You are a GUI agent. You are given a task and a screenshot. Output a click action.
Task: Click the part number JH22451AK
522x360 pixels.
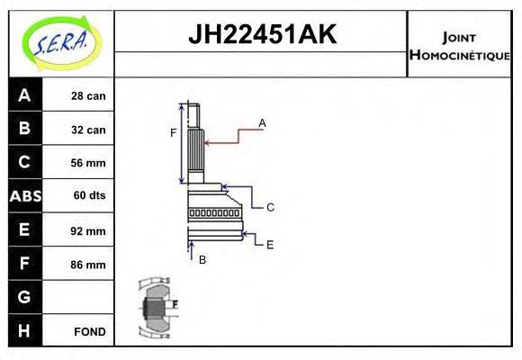click(x=261, y=35)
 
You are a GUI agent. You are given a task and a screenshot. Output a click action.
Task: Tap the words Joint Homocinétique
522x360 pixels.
click(x=459, y=45)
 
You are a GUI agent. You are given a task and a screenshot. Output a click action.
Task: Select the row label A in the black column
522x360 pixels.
click(x=24, y=95)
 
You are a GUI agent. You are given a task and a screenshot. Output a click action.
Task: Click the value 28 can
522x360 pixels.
click(x=88, y=96)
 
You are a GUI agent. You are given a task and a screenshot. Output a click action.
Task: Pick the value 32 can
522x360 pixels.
click(x=88, y=130)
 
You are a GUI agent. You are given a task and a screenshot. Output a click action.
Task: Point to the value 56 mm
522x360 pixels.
click(x=88, y=163)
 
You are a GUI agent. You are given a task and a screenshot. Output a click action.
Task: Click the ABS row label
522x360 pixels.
click(x=24, y=196)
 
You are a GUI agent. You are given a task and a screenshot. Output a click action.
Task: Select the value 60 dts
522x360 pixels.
click(x=88, y=196)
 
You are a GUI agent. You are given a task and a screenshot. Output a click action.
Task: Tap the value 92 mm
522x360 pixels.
click(x=88, y=230)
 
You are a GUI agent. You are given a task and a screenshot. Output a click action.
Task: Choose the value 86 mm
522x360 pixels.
click(x=88, y=265)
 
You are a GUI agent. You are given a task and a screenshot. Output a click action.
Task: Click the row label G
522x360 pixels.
click(x=24, y=297)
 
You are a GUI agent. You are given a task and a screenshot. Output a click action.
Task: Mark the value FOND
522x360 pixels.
click(x=89, y=331)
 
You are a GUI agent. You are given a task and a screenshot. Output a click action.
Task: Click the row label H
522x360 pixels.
click(x=24, y=330)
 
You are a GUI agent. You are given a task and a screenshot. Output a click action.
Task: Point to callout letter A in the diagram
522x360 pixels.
click(x=262, y=121)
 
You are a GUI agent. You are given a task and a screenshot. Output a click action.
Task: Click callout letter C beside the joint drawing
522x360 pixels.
click(x=270, y=207)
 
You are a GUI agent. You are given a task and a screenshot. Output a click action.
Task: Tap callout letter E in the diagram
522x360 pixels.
click(x=270, y=243)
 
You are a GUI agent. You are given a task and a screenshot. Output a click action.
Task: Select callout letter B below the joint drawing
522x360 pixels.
click(x=202, y=259)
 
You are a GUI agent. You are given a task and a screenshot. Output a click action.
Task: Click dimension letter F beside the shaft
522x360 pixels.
click(x=174, y=133)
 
